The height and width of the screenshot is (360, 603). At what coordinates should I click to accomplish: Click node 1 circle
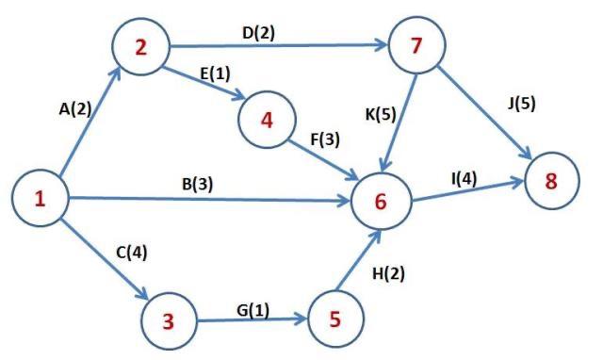[x=40, y=199]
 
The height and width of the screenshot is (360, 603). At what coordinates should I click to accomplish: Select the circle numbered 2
[x=140, y=47]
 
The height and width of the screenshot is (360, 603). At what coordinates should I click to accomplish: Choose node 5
[x=334, y=319]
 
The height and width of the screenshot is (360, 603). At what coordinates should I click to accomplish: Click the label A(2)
[x=75, y=109]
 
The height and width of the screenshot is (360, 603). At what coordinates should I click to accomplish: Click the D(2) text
[x=259, y=33]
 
